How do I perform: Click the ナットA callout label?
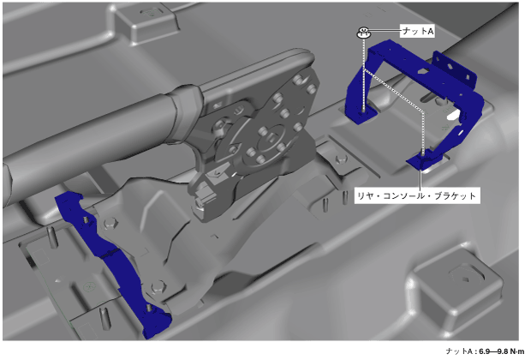[417, 31]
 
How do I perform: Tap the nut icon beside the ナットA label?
[363, 33]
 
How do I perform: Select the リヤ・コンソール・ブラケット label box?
[417, 195]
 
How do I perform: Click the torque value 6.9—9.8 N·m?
[502, 351]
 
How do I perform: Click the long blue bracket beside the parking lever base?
[111, 261]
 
